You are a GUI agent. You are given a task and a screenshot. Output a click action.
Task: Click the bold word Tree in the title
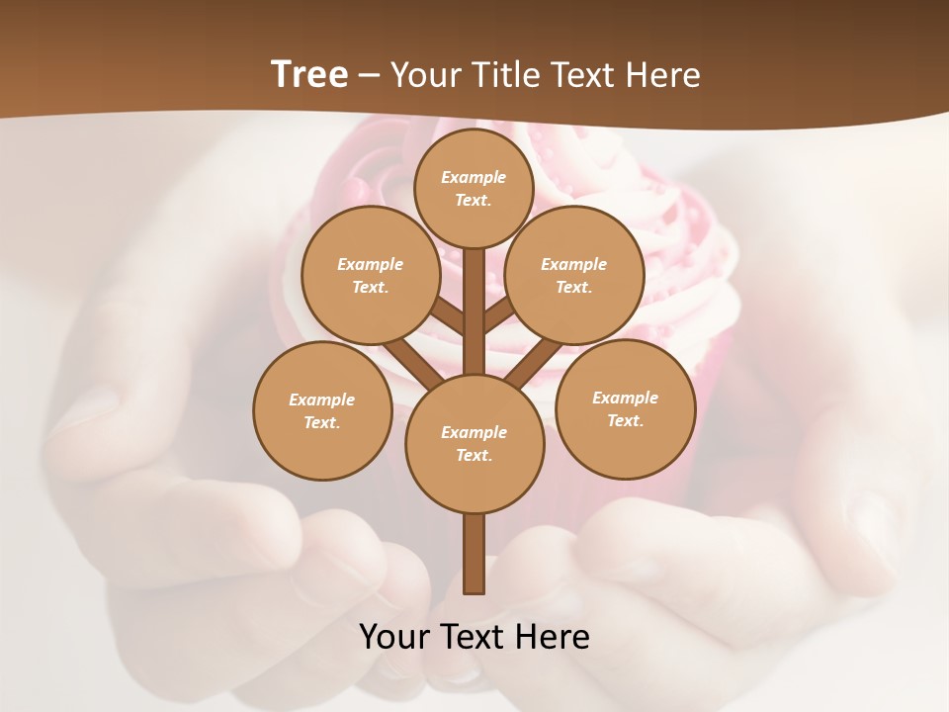pyautogui.click(x=309, y=74)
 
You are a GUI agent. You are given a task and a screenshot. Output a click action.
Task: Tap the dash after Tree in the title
pyautogui.click(x=369, y=76)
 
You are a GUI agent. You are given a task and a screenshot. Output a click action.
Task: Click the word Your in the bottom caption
pyautogui.click(x=395, y=637)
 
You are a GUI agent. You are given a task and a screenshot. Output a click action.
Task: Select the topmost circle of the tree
pyautogui.click(x=474, y=188)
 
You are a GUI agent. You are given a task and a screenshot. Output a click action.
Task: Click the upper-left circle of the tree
pyautogui.click(x=370, y=275)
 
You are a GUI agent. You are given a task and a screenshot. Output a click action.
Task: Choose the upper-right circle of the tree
pyautogui.click(x=574, y=275)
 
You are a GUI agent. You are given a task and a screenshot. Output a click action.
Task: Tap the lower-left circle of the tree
pyautogui.click(x=322, y=410)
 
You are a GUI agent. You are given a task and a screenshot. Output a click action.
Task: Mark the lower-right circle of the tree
pyautogui.click(x=625, y=408)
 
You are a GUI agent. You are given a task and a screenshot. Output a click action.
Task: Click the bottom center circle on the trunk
pyautogui.click(x=474, y=443)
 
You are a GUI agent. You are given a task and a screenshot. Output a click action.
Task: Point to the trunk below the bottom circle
pyautogui.click(x=474, y=554)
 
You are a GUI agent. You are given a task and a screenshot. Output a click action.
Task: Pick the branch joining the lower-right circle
pyautogui.click(x=534, y=364)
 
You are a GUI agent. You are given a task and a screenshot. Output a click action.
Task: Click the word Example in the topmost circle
pyautogui.click(x=474, y=177)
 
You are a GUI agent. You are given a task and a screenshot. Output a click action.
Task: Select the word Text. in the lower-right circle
pyautogui.click(x=625, y=420)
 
